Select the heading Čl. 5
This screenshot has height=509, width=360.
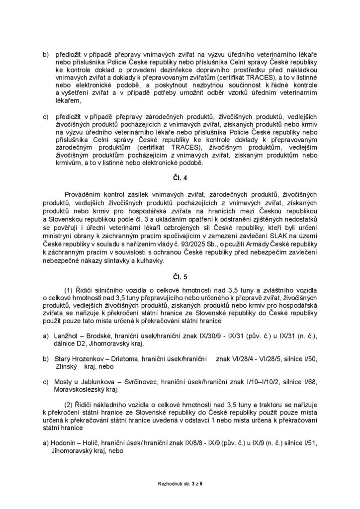[x=180, y=273]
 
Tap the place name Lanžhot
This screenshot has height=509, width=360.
[x=67, y=337]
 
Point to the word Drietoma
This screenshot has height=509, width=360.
[x=120, y=359]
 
